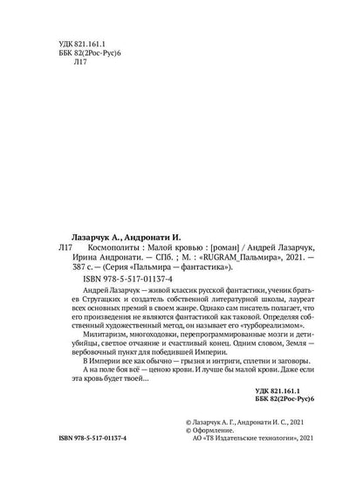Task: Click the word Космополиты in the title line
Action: point(97,248)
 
